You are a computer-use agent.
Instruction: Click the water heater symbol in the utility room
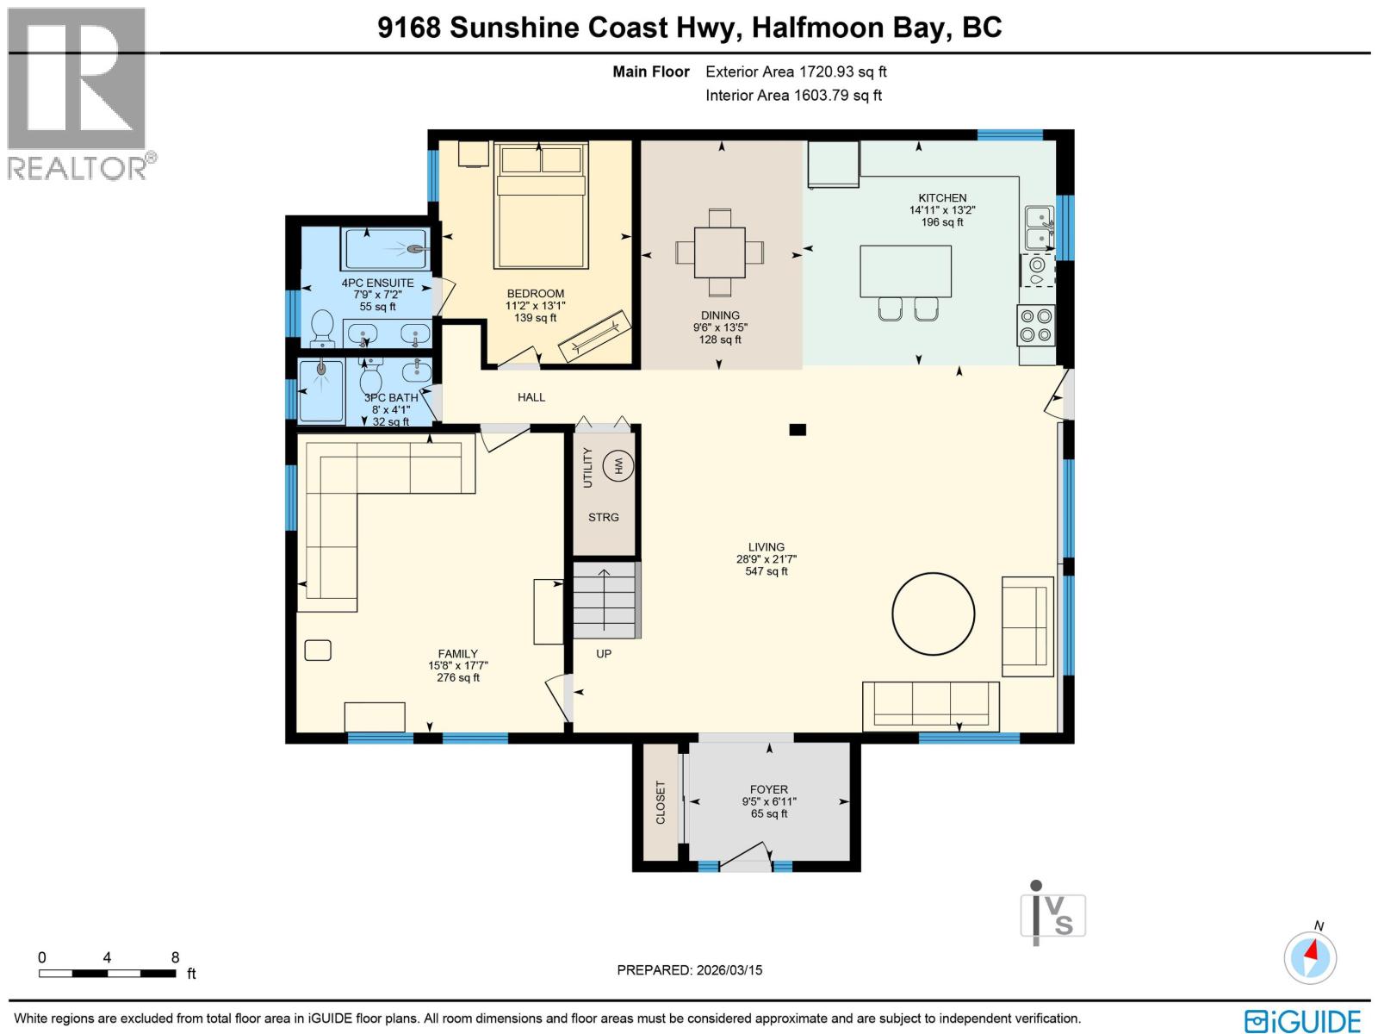pyautogui.click(x=618, y=465)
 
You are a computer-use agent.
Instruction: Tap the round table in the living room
pyautogui.click(x=933, y=614)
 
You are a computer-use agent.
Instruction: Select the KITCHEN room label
pyautogui.click(x=942, y=198)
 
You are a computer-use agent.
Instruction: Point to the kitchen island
pyautogui.click(x=905, y=271)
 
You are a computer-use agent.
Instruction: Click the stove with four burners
pyautogui.click(x=1036, y=326)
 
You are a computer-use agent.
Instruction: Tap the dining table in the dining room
pyautogui.click(x=720, y=252)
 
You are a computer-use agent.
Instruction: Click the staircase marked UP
pyautogui.click(x=605, y=601)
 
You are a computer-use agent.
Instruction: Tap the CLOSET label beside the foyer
pyautogui.click(x=661, y=802)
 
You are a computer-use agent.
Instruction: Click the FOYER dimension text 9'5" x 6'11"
pyautogui.click(x=769, y=801)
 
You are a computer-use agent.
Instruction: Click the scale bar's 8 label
pyautogui.click(x=175, y=957)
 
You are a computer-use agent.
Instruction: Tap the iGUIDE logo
pyautogui.click(x=1303, y=1021)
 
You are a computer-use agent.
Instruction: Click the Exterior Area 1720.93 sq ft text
pyautogui.click(x=796, y=72)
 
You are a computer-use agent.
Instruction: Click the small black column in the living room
pyautogui.click(x=798, y=429)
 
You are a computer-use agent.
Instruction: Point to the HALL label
pyautogui.click(x=531, y=397)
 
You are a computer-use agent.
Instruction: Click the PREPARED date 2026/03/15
pyautogui.click(x=689, y=970)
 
